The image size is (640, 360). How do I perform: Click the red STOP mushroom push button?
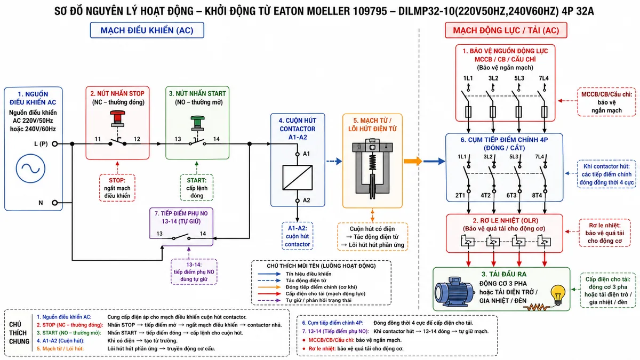tap(117, 118)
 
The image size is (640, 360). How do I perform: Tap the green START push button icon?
tap(197, 123)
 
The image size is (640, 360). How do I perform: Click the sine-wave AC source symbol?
tap(30, 169)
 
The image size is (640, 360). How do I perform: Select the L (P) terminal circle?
tap(54, 143)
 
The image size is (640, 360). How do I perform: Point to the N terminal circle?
tap(54, 203)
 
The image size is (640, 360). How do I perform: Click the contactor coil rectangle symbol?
tap(298, 178)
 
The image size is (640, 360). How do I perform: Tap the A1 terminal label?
tap(306, 154)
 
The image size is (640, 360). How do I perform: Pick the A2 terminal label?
tap(306, 201)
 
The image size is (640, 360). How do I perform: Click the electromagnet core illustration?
tap(372, 169)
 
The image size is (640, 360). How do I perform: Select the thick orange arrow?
tap(413, 161)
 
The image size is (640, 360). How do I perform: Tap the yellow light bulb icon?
tap(558, 295)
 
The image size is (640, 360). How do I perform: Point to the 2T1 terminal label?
tap(460, 195)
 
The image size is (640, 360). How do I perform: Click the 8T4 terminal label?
tap(537, 195)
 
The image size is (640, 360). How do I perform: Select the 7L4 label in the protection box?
tap(543, 78)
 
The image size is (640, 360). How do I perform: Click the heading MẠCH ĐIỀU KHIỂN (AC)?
tap(147, 30)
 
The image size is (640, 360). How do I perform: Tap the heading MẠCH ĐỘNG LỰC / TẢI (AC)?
tap(506, 30)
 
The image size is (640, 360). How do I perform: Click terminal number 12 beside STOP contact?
tap(137, 139)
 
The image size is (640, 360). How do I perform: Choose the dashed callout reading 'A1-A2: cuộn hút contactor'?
tap(298, 236)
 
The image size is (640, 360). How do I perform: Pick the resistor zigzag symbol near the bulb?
tap(537, 307)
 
